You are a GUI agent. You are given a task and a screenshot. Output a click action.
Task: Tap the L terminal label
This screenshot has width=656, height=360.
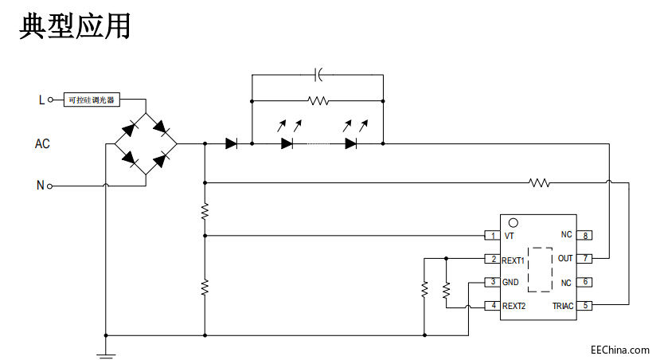click(42, 100)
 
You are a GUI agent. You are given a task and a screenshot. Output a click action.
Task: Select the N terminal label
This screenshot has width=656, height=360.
click(40, 186)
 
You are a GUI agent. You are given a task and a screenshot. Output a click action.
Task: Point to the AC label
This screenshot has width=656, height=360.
click(42, 144)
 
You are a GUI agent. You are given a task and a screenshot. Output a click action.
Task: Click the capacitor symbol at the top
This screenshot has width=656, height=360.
click(318, 75)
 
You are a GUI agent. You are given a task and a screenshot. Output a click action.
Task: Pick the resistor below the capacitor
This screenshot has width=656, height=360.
click(318, 100)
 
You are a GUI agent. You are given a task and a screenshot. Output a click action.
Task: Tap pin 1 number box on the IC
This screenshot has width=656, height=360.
click(492, 236)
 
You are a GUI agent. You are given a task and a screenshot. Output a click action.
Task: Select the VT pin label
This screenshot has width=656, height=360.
click(509, 236)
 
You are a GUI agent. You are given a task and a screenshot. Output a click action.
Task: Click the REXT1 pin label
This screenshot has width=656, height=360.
click(513, 260)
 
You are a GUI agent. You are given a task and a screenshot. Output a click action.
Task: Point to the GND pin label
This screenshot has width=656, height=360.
click(510, 282)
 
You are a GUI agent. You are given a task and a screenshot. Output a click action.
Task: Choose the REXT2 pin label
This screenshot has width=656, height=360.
click(513, 305)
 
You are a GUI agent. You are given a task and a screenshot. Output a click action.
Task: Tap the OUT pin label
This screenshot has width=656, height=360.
click(564, 259)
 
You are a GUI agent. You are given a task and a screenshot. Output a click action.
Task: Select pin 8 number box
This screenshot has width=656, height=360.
click(585, 235)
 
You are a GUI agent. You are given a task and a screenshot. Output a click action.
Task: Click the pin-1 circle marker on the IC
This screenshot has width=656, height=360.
click(513, 223)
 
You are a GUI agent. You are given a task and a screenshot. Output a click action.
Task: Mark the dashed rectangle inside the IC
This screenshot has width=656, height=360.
click(540, 270)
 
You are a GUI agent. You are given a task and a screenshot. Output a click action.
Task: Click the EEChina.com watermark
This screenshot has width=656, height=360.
click(619, 349)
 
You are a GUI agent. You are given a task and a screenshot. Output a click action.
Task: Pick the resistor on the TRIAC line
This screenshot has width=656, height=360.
click(539, 182)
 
